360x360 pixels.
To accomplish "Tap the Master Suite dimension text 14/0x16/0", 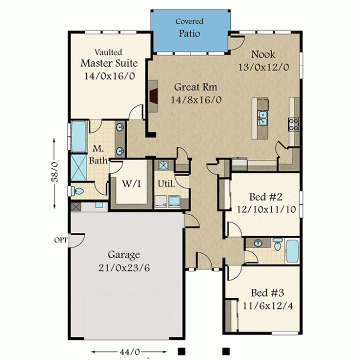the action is click(x=109, y=76).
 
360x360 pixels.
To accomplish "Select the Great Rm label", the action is click(x=195, y=87).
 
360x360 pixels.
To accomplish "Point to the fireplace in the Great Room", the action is click(x=153, y=96).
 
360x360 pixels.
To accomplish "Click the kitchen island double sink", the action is click(x=262, y=118).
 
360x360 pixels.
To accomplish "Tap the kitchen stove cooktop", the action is click(x=293, y=124).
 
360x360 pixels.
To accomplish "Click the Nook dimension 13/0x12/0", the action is click(x=263, y=67).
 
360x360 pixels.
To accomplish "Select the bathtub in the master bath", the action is click(x=79, y=136).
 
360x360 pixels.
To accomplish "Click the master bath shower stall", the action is click(x=78, y=167).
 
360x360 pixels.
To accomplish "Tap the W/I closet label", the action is click(x=131, y=183).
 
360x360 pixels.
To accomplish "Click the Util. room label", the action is click(x=166, y=183).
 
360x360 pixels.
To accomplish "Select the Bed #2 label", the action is click(x=266, y=197).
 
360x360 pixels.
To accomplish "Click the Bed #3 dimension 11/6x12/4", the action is click(x=267, y=306).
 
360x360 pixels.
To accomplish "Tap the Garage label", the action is click(x=124, y=255).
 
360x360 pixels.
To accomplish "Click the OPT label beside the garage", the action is click(x=60, y=240).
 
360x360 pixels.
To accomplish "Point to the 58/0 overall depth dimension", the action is click(x=54, y=173).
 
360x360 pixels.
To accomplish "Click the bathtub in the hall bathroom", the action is click(x=292, y=251).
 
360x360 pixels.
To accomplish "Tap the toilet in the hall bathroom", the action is click(x=278, y=244).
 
